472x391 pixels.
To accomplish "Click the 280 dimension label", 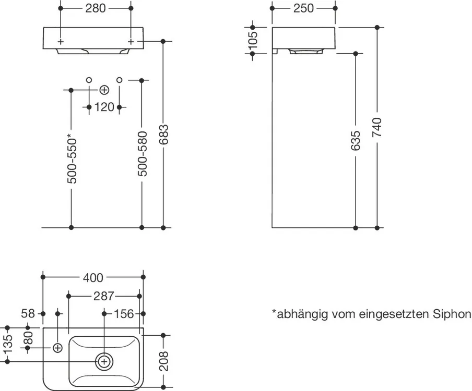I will [x=95, y=8].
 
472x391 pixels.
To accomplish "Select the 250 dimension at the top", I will [x=303, y=8].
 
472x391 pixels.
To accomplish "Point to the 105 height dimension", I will [x=253, y=40].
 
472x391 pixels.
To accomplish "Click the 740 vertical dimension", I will [x=377, y=128].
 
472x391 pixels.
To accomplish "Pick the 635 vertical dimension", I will [x=356, y=141].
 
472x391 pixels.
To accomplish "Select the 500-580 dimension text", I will [x=141, y=153].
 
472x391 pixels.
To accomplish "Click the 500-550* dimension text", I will [x=72, y=159].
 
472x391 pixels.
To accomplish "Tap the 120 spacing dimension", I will [x=104, y=107].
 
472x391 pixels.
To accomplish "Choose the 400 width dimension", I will [x=93, y=277].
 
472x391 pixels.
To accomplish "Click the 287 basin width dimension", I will [x=104, y=296].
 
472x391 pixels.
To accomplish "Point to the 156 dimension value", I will [x=124, y=313].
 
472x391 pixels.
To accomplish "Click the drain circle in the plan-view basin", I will [x=104, y=361].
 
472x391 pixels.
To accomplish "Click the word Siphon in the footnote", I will [x=452, y=314].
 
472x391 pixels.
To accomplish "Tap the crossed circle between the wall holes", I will [x=104, y=90].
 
